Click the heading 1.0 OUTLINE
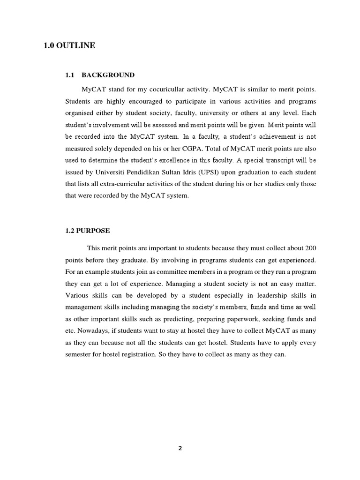click(x=69, y=45)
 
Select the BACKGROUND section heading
click(x=108, y=75)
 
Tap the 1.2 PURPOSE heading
click(x=88, y=230)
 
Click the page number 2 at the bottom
click(x=180, y=448)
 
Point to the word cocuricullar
click(x=156, y=89)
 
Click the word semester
click(x=81, y=354)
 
